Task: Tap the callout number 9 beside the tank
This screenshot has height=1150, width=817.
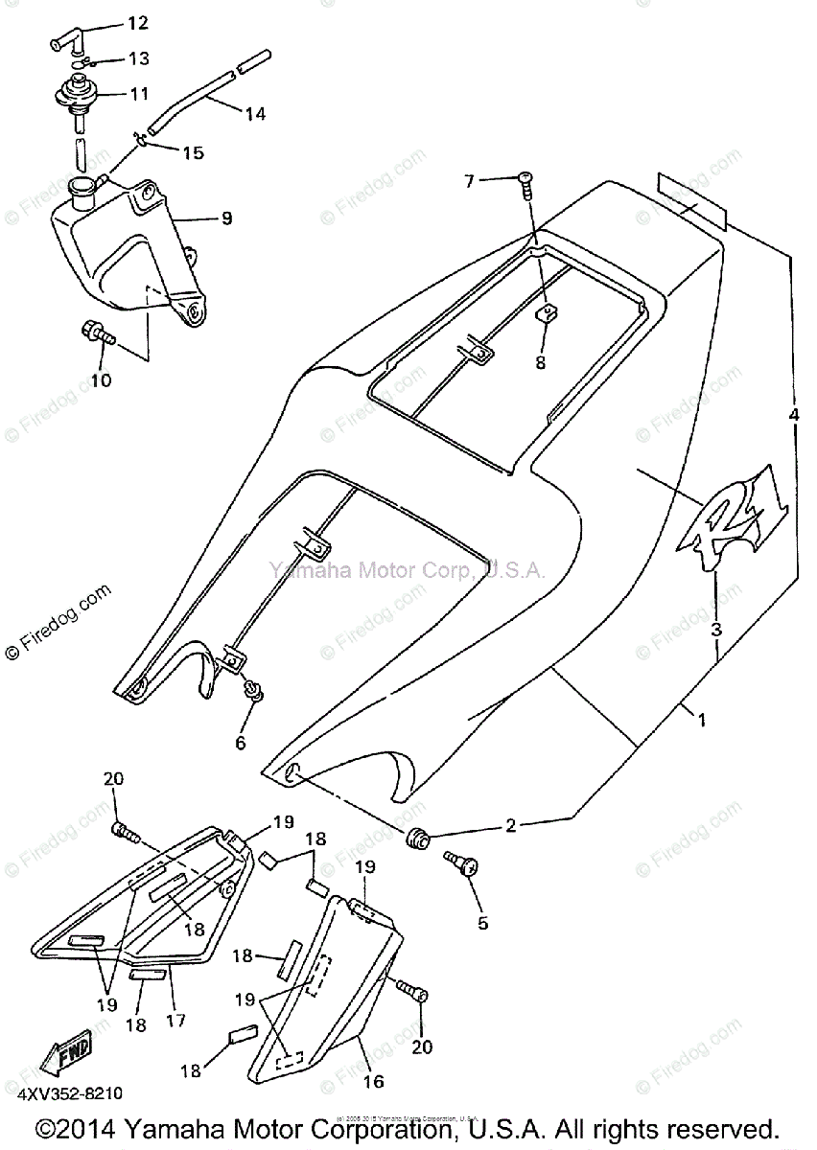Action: point(226,218)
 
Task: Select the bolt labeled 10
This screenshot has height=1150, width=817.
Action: point(96,335)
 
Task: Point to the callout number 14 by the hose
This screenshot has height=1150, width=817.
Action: point(254,114)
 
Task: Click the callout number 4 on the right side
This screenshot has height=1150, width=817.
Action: point(793,415)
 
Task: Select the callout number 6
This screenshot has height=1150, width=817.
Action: point(241,743)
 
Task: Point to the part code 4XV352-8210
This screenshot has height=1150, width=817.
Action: point(68,1092)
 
